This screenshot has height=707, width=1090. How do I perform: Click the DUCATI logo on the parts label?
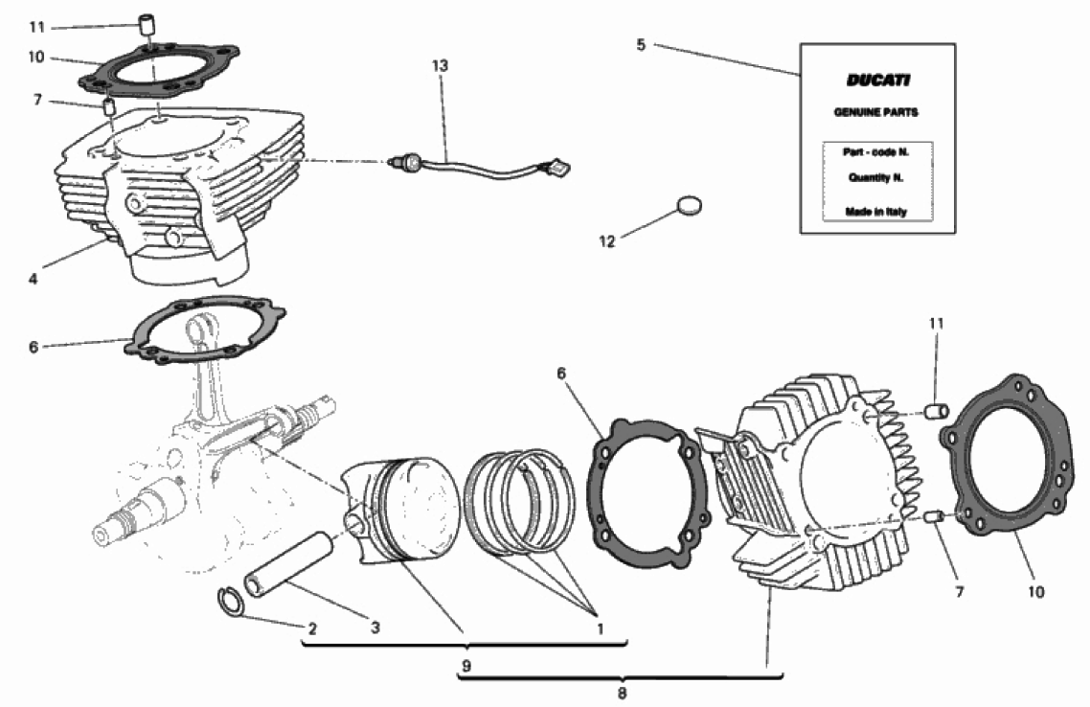877,80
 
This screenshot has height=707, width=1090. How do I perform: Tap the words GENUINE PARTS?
875,112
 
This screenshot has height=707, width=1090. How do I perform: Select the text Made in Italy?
875,212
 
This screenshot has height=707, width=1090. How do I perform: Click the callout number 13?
440,66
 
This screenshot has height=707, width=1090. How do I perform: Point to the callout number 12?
607,241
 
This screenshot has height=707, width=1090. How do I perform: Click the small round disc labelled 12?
689,205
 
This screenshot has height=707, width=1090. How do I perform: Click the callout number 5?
641,45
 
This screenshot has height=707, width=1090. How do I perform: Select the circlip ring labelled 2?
230,602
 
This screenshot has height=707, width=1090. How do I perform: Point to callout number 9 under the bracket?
466,666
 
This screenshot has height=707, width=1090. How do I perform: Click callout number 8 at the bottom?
623,693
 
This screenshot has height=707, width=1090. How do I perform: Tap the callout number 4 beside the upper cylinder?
33,280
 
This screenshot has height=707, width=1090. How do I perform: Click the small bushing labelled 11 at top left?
146,25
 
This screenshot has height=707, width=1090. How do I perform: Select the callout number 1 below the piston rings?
600,629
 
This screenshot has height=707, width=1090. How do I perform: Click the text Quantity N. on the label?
875,178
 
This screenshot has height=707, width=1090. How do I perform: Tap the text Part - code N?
875,152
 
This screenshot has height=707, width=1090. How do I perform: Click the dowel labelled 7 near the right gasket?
935,516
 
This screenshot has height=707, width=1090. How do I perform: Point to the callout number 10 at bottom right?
1035,592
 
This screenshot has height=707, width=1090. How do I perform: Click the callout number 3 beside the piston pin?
375,628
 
